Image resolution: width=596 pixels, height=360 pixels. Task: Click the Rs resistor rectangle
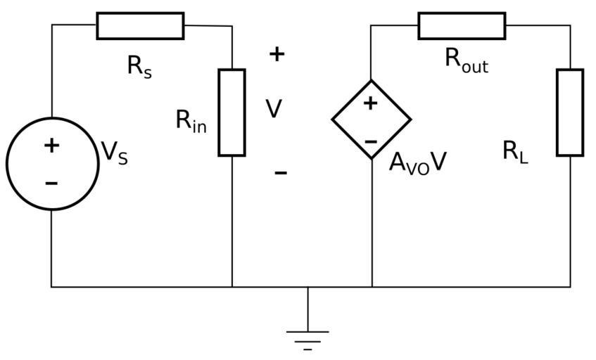click(140, 26)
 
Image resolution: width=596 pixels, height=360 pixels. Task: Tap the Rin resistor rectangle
click(232, 112)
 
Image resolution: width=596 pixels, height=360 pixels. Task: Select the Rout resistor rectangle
click(462, 26)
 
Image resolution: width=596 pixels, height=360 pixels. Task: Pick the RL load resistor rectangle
click(570, 112)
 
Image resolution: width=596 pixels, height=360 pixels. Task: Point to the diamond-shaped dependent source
click(372, 120)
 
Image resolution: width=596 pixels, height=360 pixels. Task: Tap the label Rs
click(139, 66)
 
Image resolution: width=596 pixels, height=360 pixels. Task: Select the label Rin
click(191, 122)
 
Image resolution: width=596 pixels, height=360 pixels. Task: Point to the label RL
click(515, 151)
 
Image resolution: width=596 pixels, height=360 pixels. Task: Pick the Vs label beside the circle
click(115, 153)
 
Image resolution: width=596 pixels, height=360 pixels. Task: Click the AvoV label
click(418, 163)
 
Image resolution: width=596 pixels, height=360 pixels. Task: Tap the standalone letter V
click(274, 109)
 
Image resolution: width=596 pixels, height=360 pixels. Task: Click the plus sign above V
click(277, 53)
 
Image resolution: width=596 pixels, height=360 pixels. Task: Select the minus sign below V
click(280, 172)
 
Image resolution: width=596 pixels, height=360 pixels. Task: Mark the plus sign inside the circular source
click(51, 146)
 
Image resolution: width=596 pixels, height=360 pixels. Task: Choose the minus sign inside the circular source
click(51, 184)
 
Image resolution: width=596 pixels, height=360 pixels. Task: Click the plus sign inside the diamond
click(370, 103)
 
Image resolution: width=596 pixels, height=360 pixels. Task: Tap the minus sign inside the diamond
click(371, 141)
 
